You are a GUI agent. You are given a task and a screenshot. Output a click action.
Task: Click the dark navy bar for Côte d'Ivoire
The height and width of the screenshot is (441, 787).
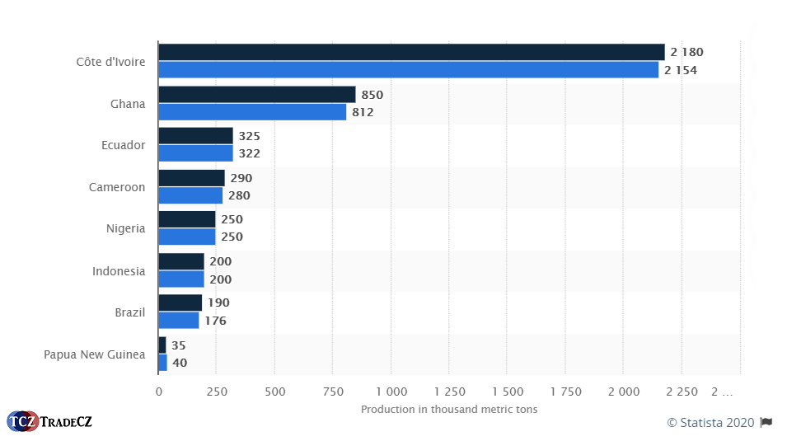(x=411, y=52)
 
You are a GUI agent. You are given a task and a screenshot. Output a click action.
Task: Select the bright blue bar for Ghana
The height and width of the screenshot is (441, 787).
(x=252, y=112)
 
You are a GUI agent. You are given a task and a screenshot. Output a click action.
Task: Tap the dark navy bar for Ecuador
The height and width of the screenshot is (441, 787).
(x=195, y=136)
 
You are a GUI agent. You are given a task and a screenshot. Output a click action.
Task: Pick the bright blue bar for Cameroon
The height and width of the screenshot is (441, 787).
(x=190, y=195)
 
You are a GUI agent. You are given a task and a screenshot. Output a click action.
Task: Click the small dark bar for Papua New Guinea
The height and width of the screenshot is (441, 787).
(x=162, y=345)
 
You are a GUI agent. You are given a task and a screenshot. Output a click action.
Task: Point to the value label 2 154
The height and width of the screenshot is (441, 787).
(x=680, y=70)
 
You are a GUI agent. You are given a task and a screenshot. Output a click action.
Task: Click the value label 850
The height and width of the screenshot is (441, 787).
(x=372, y=95)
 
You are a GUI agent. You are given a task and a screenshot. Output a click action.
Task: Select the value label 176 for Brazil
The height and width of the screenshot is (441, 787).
(x=215, y=321)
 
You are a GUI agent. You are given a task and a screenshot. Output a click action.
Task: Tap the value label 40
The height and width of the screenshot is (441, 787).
(x=179, y=363)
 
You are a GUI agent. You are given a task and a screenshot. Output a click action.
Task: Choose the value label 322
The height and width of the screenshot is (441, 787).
(x=249, y=153)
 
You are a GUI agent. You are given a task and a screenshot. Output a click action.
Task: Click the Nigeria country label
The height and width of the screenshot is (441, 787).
(x=125, y=228)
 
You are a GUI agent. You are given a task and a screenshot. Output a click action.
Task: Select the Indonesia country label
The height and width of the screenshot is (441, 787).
(x=119, y=271)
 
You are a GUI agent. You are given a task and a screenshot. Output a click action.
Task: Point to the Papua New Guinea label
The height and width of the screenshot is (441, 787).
(x=94, y=354)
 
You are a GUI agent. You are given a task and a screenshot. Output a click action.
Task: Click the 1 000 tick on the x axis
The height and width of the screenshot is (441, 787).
(x=391, y=392)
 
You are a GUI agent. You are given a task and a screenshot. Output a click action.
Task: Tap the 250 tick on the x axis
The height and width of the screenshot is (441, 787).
(x=217, y=392)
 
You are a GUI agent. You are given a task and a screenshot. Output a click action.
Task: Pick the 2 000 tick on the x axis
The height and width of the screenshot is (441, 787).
(x=623, y=392)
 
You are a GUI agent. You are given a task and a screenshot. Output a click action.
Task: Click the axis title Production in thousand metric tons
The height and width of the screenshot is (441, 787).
(x=449, y=410)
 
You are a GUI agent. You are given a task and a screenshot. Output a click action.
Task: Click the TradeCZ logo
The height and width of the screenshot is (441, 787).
(x=49, y=421)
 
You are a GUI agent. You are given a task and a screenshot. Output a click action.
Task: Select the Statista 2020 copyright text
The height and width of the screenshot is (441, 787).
(x=710, y=422)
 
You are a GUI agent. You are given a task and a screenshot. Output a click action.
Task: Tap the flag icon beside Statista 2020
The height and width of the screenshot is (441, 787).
(x=766, y=422)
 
